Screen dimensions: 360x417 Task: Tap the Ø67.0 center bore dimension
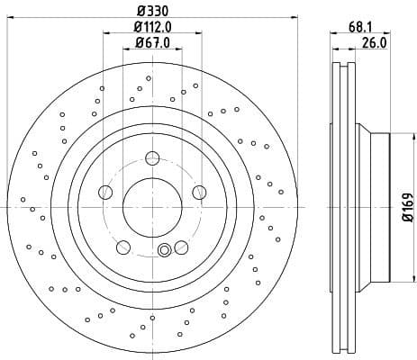point(152,43)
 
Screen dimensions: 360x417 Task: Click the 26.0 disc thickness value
point(374,43)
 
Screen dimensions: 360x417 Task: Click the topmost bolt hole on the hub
point(152,159)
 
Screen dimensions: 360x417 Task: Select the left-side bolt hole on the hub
point(105,192)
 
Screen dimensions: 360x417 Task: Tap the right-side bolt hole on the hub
point(199,192)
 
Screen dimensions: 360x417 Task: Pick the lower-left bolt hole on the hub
point(123,247)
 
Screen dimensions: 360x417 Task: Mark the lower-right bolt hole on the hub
point(181,247)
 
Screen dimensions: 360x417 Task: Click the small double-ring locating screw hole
point(164,251)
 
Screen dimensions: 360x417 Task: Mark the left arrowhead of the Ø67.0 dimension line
point(125,52)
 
